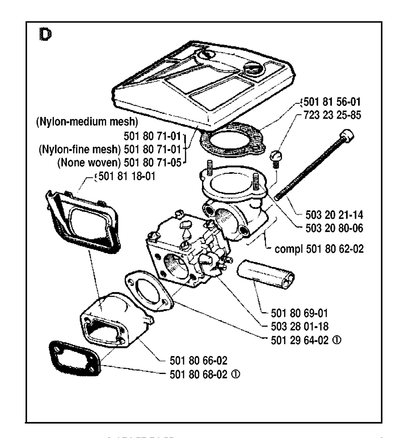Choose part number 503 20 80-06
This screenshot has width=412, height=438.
point(332,228)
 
